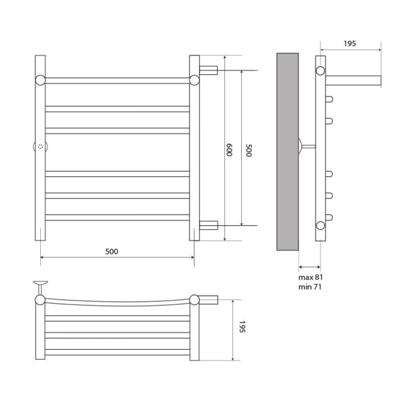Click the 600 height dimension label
(228, 149)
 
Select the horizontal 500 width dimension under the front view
(112, 251)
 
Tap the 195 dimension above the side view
(349, 44)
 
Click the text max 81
(310, 277)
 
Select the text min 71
(310, 287)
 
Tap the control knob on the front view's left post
(40, 147)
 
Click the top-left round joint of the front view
(40, 80)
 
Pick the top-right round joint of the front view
(194, 80)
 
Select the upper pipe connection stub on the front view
(208, 70)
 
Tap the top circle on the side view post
(320, 70)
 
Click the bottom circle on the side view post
(320, 225)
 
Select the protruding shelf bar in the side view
(353, 80)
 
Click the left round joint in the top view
(40, 299)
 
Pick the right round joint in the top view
(194, 299)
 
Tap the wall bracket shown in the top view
(40, 285)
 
